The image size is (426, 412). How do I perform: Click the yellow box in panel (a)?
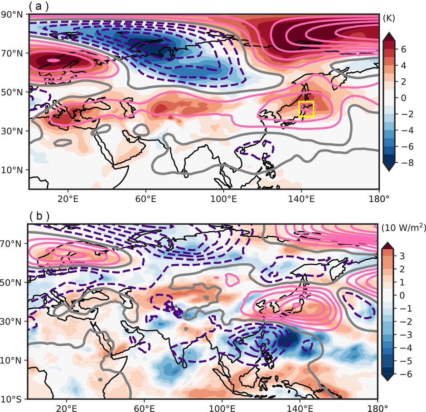pos(306,109)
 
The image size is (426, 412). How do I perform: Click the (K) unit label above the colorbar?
pos(389,19)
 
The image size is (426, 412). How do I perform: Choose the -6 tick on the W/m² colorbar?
pos(406,374)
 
